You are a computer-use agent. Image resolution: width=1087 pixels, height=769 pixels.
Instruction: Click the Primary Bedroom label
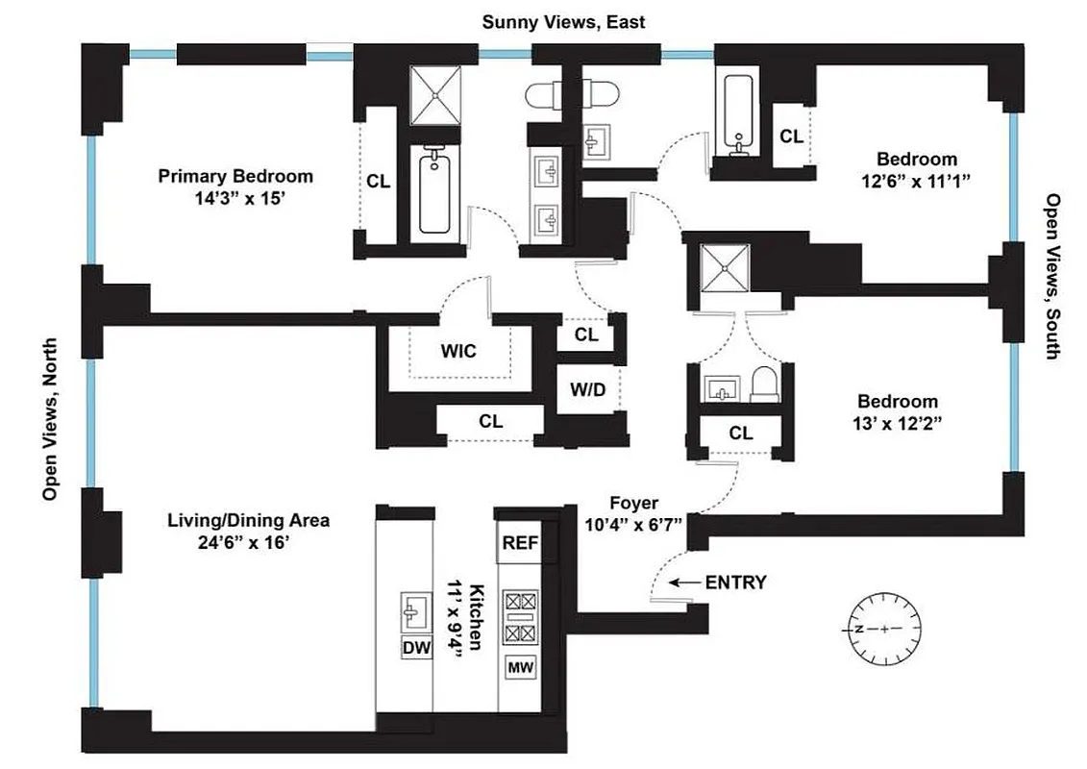click(x=235, y=177)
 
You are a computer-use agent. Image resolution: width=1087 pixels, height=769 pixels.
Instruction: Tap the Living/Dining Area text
click(x=248, y=521)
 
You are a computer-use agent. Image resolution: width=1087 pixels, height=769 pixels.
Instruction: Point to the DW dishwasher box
click(x=416, y=648)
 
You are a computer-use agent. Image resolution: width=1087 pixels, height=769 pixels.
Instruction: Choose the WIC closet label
click(x=458, y=351)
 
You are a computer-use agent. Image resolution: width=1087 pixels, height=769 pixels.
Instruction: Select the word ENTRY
click(x=735, y=583)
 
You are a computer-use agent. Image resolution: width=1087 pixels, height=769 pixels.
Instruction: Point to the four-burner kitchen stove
click(x=520, y=617)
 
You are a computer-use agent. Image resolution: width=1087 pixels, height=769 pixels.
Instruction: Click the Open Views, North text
click(x=51, y=418)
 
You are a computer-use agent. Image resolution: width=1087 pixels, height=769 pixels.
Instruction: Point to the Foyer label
click(x=633, y=503)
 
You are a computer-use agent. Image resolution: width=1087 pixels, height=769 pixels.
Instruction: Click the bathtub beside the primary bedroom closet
click(x=434, y=193)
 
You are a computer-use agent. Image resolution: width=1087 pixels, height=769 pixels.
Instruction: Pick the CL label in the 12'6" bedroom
click(x=791, y=137)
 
